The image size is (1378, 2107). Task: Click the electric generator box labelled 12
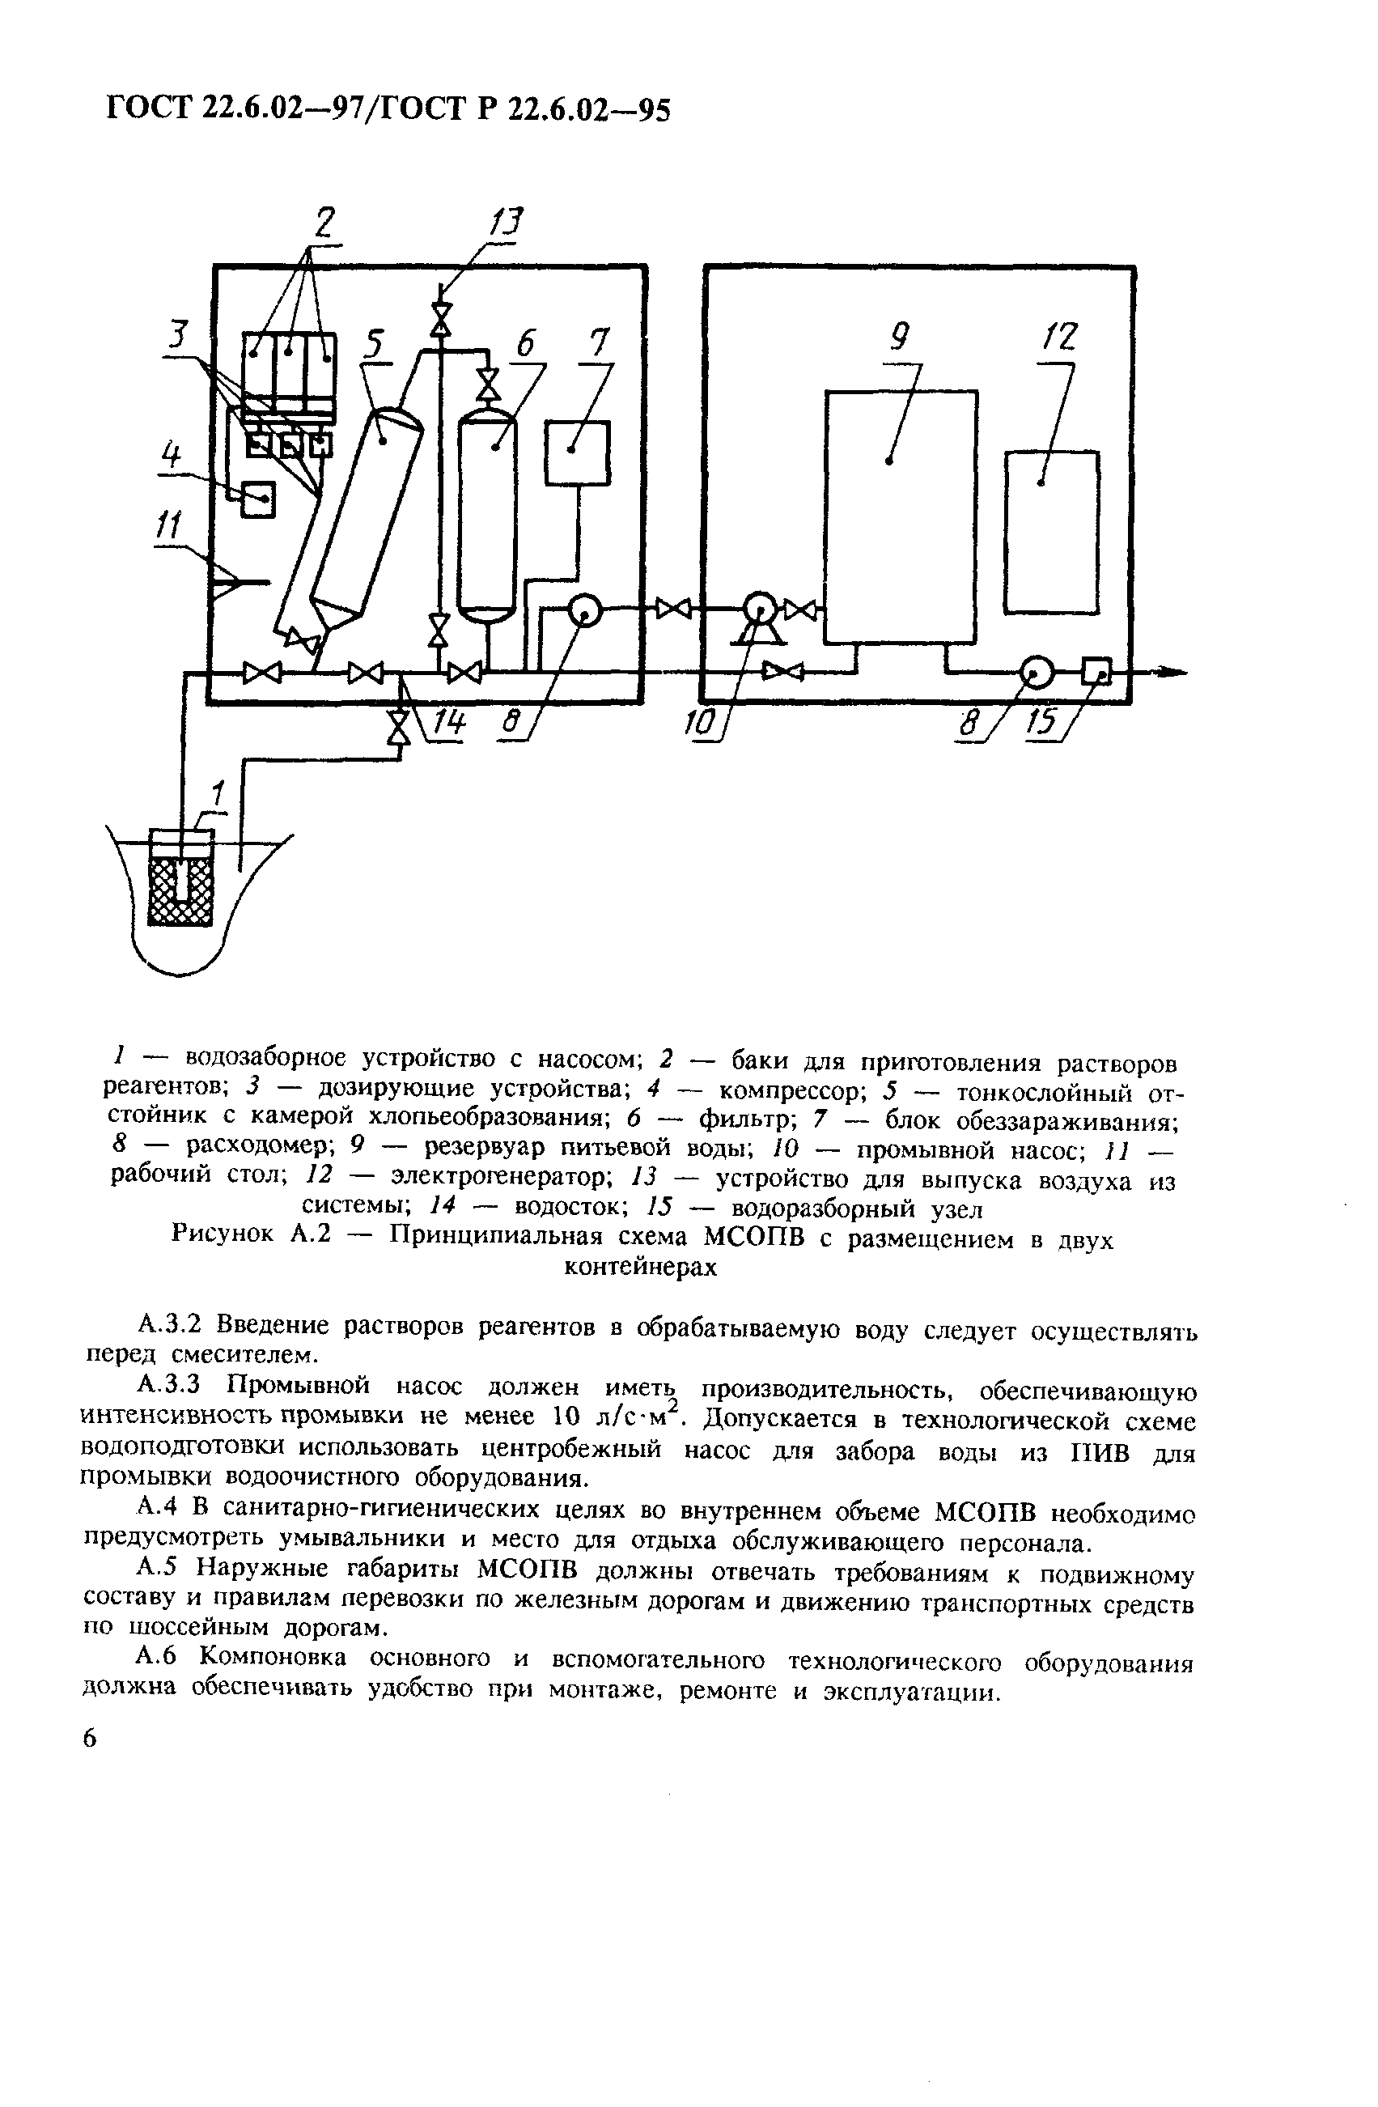pyautogui.click(x=1051, y=531)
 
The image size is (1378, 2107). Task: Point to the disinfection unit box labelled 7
pyautogui.click(x=577, y=452)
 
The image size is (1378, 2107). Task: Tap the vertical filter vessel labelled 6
pyautogui.click(x=485, y=513)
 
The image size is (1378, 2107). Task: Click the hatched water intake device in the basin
pyautogui.click(x=181, y=888)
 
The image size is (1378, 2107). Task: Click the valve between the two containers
pyautogui.click(x=676, y=608)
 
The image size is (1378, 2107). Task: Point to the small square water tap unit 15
pyautogui.click(x=1096, y=672)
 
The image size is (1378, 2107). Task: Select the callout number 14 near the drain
pyautogui.click(x=449, y=724)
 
